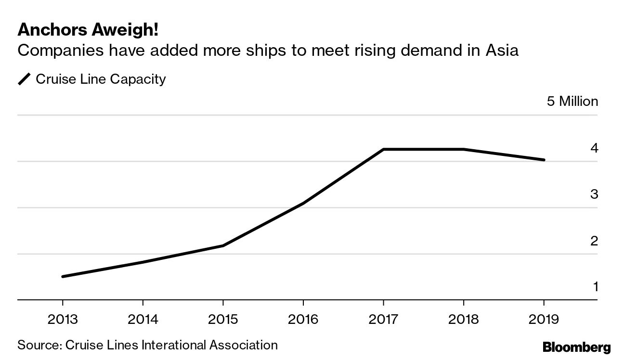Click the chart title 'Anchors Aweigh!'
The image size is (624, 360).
point(88,30)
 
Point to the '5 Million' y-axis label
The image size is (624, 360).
point(572,102)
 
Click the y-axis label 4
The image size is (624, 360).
point(594,148)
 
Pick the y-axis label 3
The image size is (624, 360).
point(594,194)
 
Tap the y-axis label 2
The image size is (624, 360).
point(594,241)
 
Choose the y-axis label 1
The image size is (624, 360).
point(595,287)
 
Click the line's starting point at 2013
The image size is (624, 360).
point(63,276)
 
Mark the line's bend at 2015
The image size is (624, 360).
point(223,246)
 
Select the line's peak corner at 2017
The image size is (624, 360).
point(383,149)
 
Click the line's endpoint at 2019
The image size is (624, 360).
point(544,160)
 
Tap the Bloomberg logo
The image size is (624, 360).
point(576,347)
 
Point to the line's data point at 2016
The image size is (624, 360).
point(303,204)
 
